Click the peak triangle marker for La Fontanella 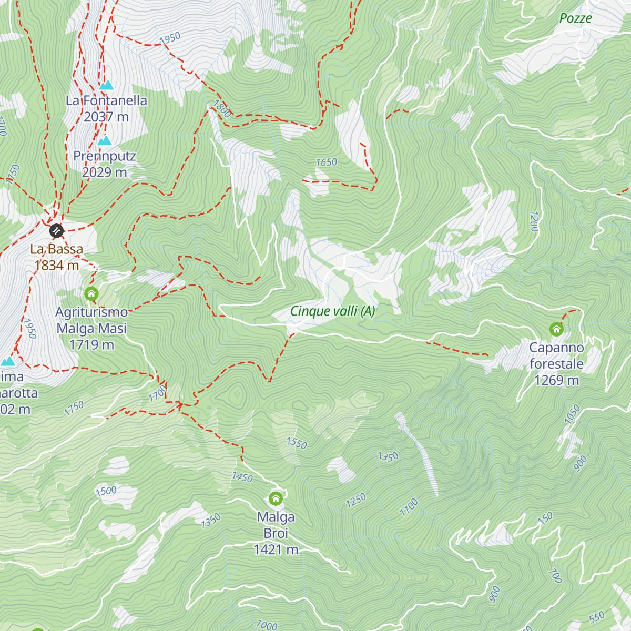pyautogui.click(x=106, y=85)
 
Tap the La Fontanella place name pyautogui.click(x=106, y=100)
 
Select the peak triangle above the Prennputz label pyautogui.click(x=105, y=141)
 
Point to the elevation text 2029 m pyautogui.click(x=105, y=172)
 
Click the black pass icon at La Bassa pyautogui.click(x=56, y=230)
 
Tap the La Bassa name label pyautogui.click(x=56, y=249)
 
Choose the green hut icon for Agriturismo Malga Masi pyautogui.click(x=91, y=293)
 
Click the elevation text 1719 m pyautogui.click(x=91, y=345)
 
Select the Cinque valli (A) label pyautogui.click(x=333, y=311)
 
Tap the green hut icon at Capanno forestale pyautogui.click(x=556, y=330)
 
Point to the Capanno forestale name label pyautogui.click(x=556, y=356)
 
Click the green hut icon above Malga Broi pyautogui.click(x=276, y=498)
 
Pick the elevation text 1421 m pyautogui.click(x=276, y=550)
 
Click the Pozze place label pyautogui.click(x=575, y=18)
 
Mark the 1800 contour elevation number pyautogui.click(x=222, y=109)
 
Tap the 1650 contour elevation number pyautogui.click(x=326, y=162)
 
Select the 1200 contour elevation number pyautogui.click(x=534, y=221)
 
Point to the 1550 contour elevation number pyautogui.click(x=297, y=443)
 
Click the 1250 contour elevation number pyautogui.click(x=356, y=500)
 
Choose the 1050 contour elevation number pyautogui.click(x=572, y=414)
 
